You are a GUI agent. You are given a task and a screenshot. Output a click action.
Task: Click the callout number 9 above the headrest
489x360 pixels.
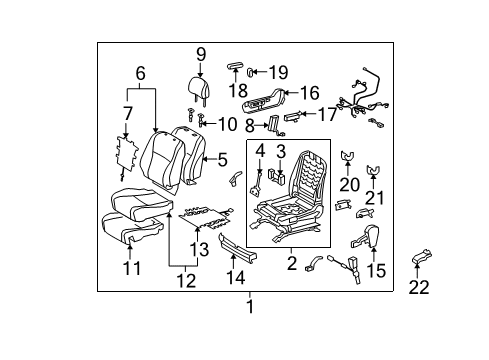pyautogui.click(x=201, y=54)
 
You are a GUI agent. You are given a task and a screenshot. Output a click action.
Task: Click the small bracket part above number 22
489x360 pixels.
pyautogui.click(x=420, y=261)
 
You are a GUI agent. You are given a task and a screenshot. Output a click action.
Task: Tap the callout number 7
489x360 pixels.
pyautogui.click(x=126, y=113)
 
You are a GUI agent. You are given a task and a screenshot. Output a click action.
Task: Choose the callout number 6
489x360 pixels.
pyautogui.click(x=140, y=72)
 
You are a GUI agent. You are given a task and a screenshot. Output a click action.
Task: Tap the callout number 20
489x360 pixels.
pyautogui.click(x=346, y=183)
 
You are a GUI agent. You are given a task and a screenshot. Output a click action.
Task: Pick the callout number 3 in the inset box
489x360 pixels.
pyautogui.click(x=281, y=152)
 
